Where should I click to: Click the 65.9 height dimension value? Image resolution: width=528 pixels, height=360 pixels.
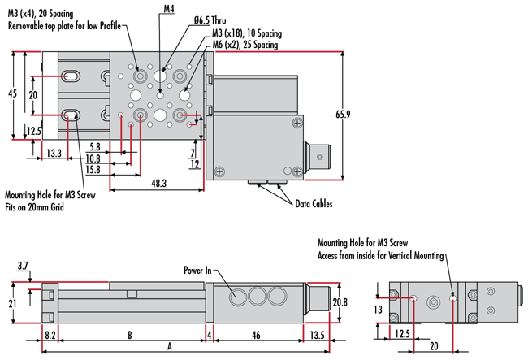point(344,115)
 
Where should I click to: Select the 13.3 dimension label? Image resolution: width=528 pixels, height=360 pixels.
point(54,153)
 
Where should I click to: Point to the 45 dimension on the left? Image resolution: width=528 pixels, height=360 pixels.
point(11,94)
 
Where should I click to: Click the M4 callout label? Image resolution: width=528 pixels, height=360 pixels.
point(168,9)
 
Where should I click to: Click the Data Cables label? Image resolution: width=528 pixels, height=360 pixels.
point(314,204)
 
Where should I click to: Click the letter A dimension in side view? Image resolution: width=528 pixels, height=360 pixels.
point(169,345)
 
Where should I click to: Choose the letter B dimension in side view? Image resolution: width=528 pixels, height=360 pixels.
point(129,333)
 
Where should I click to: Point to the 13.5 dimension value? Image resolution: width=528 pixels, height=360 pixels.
point(317,333)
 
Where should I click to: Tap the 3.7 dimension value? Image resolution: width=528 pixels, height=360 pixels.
point(23,265)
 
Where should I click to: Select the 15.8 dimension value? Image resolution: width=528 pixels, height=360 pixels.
point(93,169)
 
